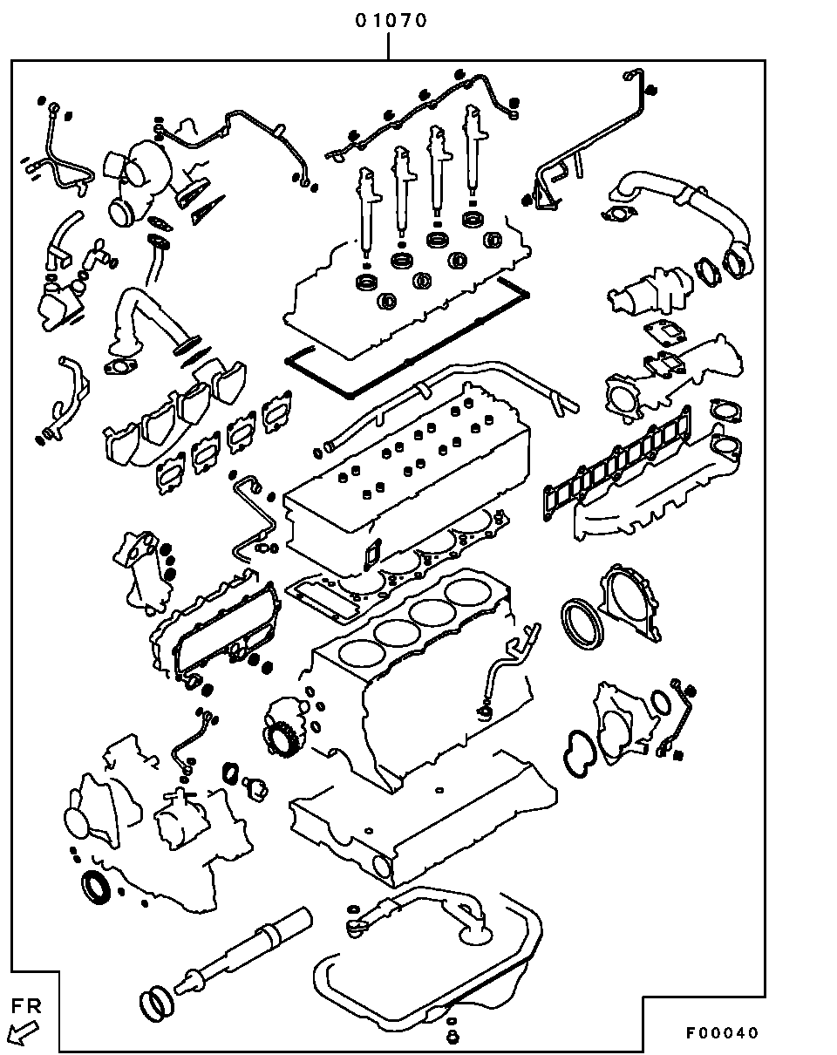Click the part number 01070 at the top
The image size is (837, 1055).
tap(391, 21)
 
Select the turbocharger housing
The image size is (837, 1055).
tap(139, 182)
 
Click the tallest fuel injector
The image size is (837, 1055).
tap(474, 148)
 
